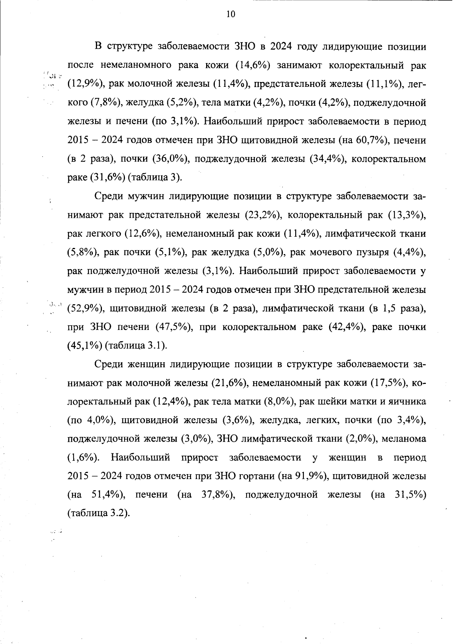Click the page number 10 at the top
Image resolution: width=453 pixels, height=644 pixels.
coord(231,14)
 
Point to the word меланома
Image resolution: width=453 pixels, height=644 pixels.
coord(404,439)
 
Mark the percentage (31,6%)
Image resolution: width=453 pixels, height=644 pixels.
coord(108,178)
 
